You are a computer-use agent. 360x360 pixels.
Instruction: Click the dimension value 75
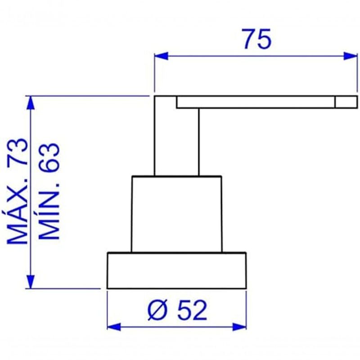257,39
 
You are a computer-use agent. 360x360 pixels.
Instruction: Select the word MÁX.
18,212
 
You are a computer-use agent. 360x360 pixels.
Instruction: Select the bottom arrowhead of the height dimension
31,281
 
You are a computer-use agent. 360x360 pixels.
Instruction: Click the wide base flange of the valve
176,270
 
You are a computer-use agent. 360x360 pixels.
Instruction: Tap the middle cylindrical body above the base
176,214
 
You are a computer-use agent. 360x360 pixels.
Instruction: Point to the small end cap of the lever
346,102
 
